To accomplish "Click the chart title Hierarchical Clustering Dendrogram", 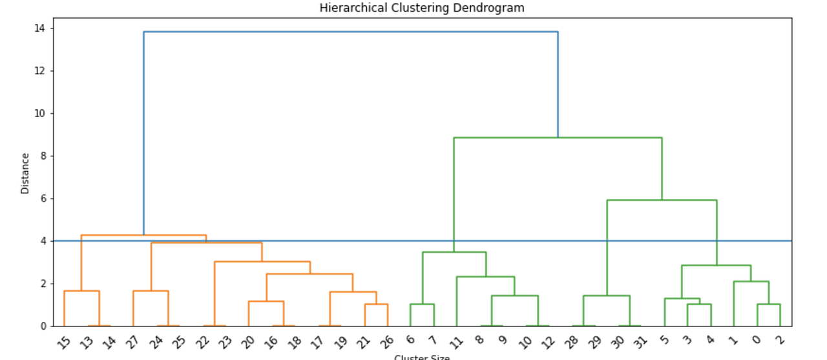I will pos(422,8).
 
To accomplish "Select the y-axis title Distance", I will pos(25,173).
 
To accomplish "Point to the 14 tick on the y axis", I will pos(39,28).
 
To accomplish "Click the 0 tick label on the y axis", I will pos(43,326).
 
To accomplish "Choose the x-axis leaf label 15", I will pos(63,342).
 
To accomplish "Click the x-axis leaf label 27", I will pos(132,342).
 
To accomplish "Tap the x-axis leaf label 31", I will pos(639,342).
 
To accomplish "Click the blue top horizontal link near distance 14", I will pos(350,32).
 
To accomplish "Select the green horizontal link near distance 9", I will pos(558,138).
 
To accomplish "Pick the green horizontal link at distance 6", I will pos(662,200).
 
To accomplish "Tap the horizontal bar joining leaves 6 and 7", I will pos(422,304).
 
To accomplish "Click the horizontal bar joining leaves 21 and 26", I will pos(376,304).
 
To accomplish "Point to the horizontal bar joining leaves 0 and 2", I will pos(768,304).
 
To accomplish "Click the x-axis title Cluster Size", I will pos(422,357).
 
